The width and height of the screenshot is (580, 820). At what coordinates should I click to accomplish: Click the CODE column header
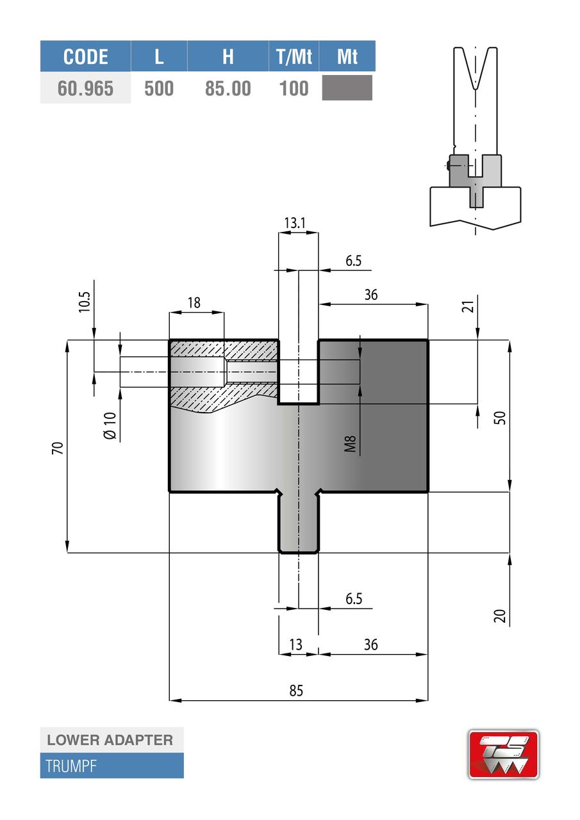click(x=85, y=56)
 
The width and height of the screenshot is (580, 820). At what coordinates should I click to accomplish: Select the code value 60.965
click(x=85, y=88)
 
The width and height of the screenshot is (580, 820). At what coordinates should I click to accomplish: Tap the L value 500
click(x=159, y=88)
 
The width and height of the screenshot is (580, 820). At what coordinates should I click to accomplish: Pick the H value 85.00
click(x=228, y=88)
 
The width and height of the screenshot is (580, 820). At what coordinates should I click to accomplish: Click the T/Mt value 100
click(x=294, y=88)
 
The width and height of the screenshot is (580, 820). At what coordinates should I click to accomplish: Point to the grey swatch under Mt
click(x=347, y=88)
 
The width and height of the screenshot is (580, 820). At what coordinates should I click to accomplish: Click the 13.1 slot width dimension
click(x=295, y=222)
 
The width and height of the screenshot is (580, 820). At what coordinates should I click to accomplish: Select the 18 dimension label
click(x=194, y=302)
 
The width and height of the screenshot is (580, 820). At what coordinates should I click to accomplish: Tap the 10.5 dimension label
click(x=85, y=301)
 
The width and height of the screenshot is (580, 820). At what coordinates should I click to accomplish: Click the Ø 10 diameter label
click(x=109, y=425)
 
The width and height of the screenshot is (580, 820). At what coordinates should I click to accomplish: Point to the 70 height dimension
click(x=58, y=448)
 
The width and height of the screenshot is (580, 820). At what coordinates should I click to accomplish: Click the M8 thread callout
click(x=350, y=443)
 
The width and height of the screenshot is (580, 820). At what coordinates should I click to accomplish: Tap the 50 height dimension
click(x=501, y=417)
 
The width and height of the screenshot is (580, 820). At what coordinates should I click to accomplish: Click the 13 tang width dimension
click(x=295, y=644)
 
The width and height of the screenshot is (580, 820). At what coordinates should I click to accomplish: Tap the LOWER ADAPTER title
click(x=110, y=740)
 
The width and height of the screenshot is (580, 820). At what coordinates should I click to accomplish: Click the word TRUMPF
click(x=71, y=766)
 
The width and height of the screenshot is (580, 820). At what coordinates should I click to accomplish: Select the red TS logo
click(x=503, y=754)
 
